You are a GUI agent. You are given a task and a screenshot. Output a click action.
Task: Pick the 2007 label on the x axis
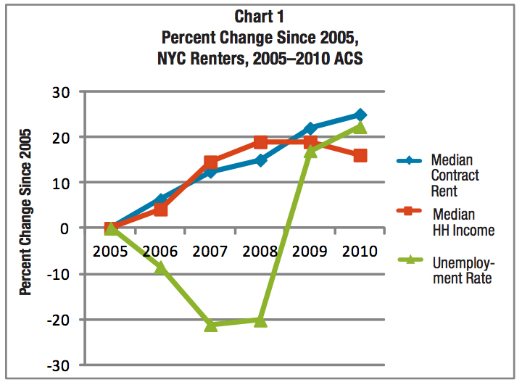pos(210,252)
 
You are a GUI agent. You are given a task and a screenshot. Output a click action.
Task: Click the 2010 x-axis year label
pos(359,252)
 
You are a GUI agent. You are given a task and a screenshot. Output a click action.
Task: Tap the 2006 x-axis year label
pos(161,252)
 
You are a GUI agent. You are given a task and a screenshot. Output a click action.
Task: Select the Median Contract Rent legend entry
pos(455,175)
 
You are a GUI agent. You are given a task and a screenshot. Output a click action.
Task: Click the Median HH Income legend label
pos(463,222)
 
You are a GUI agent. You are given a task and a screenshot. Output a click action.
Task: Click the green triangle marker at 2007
pos(211,325)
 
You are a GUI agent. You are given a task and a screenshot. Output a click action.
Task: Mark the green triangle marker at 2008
pos(260,320)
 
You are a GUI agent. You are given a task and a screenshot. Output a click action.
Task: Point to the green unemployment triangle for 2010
pos(360,128)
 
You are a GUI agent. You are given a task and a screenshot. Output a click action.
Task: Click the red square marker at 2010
pos(360,155)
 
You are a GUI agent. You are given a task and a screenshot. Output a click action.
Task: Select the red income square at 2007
pos(211,162)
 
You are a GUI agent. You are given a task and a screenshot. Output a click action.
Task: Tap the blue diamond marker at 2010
pos(360,115)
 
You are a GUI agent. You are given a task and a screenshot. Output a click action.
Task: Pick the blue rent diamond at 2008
pos(260,160)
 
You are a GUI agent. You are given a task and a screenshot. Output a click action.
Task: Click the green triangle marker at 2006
pos(161,268)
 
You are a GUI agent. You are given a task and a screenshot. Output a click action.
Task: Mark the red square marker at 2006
pos(161,210)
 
